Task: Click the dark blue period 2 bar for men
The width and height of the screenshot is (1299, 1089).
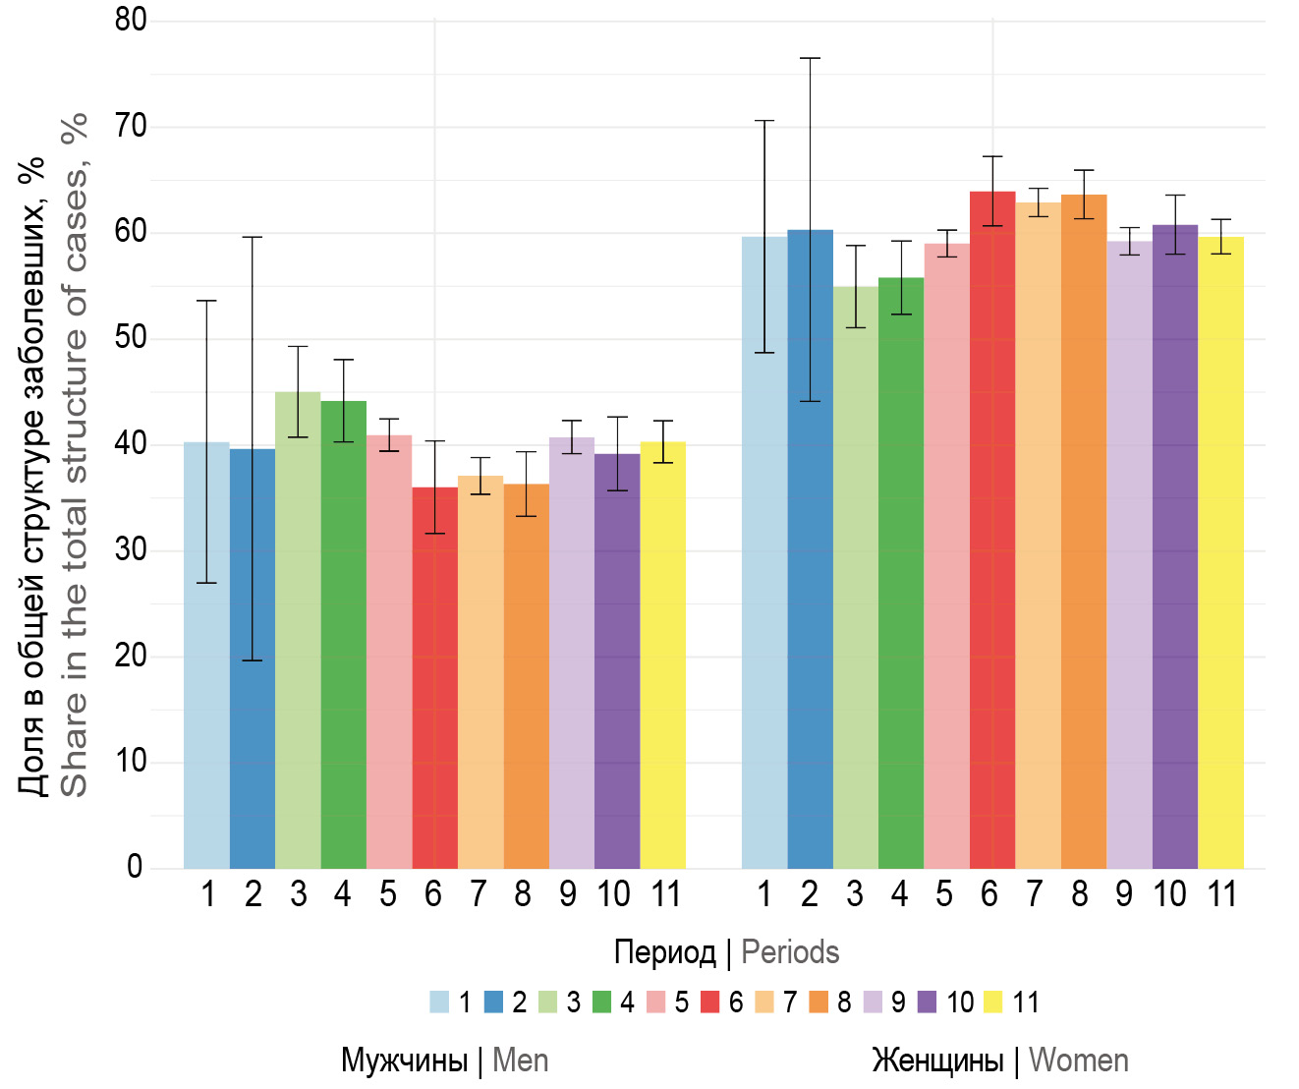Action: pyautogui.click(x=253, y=659)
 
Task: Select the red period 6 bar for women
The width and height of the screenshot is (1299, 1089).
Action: pyautogui.click(x=992, y=531)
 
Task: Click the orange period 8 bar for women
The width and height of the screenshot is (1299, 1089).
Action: pyautogui.click(x=1084, y=532)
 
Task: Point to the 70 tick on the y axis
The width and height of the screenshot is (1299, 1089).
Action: pyautogui.click(x=131, y=126)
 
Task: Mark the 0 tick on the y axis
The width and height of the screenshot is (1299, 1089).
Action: pyautogui.click(x=135, y=867)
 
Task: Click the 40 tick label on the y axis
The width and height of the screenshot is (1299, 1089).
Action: pyautogui.click(x=131, y=443)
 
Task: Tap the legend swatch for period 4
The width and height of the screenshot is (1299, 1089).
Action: pyautogui.click(x=603, y=1003)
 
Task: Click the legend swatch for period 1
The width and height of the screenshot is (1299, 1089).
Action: pyautogui.click(x=439, y=1003)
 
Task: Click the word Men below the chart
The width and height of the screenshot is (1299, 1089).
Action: pyautogui.click(x=520, y=1060)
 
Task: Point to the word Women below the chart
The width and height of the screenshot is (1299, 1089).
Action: pyautogui.click(x=1078, y=1060)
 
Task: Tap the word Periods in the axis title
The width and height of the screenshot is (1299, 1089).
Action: pyautogui.click(x=790, y=952)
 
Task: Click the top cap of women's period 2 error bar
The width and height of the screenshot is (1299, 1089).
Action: pyautogui.click(x=810, y=59)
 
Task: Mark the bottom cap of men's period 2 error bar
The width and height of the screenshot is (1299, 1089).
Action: pyautogui.click(x=253, y=660)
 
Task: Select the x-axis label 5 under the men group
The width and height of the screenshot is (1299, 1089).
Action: pyautogui.click(x=388, y=894)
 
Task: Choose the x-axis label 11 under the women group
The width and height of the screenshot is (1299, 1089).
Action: pyautogui.click(x=1221, y=894)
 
